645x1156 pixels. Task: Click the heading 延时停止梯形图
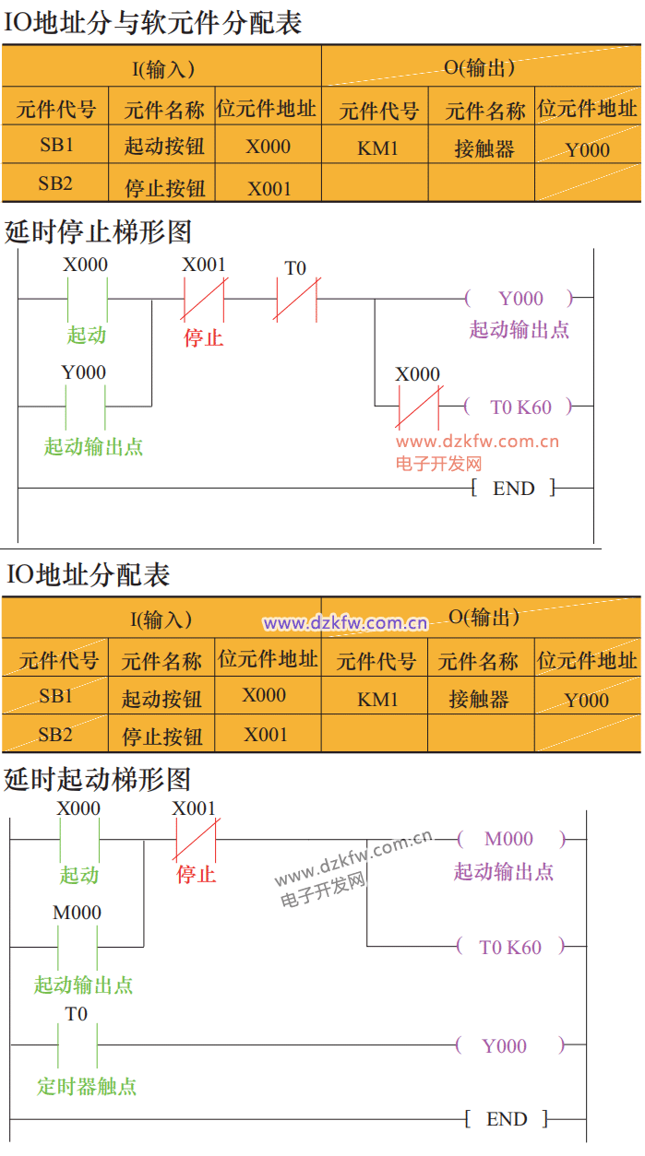(98, 230)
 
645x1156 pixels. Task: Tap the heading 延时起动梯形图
(97, 779)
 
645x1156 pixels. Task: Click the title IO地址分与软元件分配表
(153, 23)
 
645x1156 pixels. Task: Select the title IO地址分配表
(88, 575)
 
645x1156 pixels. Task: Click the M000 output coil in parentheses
(509, 839)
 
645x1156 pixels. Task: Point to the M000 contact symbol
(78, 945)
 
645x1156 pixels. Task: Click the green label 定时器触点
(87, 1086)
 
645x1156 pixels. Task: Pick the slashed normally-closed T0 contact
(295, 299)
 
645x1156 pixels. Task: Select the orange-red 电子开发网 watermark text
(439, 464)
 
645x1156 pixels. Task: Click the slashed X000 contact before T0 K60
(418, 406)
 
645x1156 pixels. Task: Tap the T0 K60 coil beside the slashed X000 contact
(520, 406)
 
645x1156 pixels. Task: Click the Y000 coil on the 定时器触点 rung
(505, 1045)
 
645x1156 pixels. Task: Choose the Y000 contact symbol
(85, 405)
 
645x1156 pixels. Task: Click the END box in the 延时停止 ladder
(514, 489)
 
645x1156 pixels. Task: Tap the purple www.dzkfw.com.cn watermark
(345, 623)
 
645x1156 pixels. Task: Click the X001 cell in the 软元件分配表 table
(269, 189)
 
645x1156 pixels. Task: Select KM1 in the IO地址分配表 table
(377, 700)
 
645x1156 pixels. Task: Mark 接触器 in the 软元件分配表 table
(484, 148)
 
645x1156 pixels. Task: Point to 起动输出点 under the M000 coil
(503, 871)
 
